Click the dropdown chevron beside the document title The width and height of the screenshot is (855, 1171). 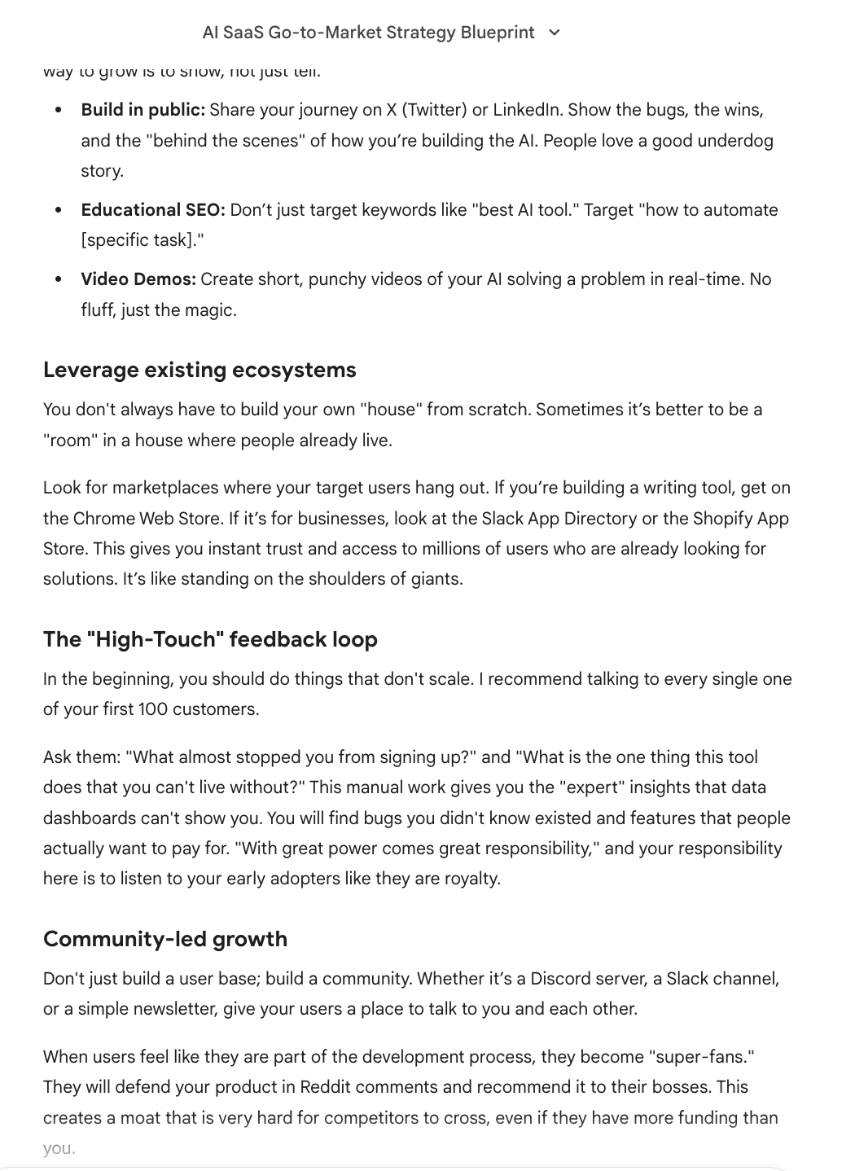555,33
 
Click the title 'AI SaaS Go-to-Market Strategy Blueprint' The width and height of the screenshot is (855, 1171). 368,33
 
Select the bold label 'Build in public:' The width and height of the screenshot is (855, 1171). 142,110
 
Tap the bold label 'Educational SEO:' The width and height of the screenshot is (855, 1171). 152,210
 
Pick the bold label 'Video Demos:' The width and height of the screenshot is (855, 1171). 138,279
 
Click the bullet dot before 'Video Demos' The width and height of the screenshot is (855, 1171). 58,279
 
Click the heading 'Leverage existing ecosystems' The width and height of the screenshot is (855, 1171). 199,370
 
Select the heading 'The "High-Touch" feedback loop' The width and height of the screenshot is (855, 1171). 210,639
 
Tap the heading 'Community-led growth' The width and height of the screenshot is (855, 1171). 165,939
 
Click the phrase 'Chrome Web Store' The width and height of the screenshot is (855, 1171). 147,519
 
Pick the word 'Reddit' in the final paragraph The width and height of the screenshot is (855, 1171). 325,1087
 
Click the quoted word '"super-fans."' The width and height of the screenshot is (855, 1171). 701,1057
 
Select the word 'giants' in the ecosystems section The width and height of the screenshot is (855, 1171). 433,579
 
